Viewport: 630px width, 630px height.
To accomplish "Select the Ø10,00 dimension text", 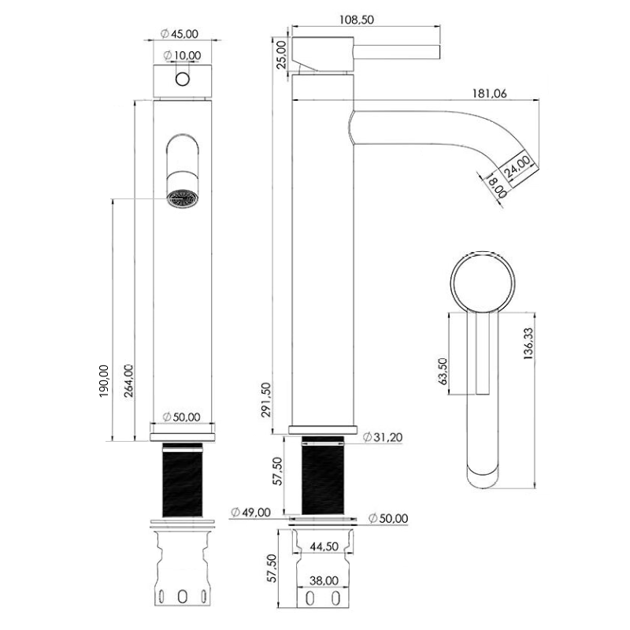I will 183,55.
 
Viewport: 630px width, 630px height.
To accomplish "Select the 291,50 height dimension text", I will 276,398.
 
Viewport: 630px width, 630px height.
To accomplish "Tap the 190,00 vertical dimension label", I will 103,381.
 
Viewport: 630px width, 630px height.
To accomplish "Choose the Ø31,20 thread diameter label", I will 385,439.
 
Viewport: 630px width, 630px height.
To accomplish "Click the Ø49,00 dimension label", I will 250,513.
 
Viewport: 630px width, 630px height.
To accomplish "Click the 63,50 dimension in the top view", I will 443,372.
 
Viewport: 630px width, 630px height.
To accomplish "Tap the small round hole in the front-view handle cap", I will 183,79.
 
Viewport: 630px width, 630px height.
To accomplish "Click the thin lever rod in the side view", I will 398,52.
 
